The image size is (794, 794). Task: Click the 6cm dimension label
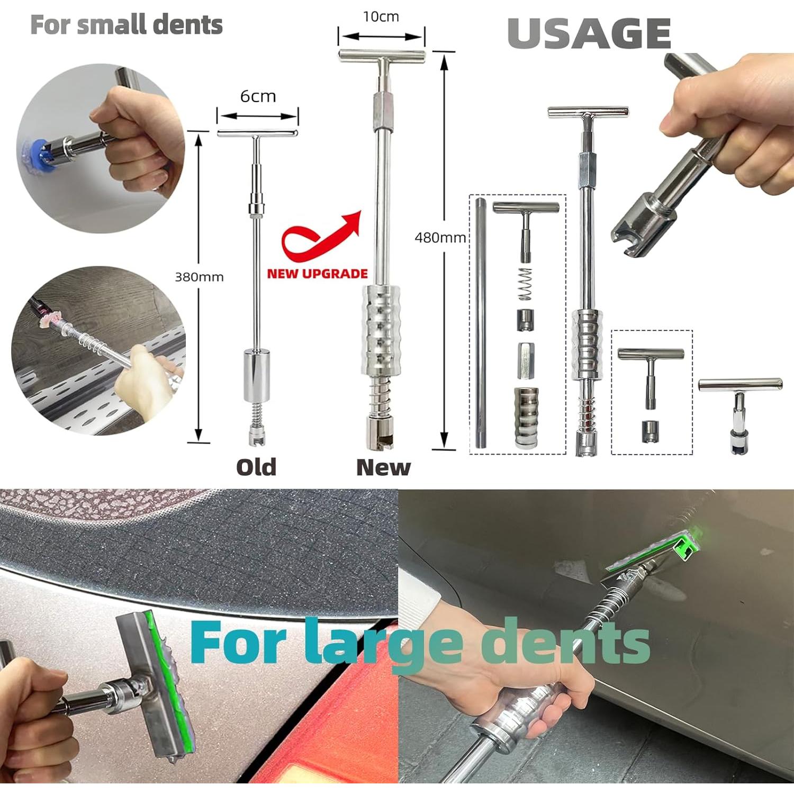[x=258, y=96]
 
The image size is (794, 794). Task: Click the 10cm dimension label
[x=381, y=17]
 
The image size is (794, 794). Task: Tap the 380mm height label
[x=199, y=277]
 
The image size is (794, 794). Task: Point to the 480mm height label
[x=440, y=238]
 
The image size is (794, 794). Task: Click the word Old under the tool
[x=256, y=467]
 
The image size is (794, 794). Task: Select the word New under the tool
[x=383, y=467]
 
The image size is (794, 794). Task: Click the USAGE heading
[x=589, y=34]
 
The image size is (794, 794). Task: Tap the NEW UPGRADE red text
[x=317, y=274]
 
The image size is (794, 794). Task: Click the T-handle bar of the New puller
[x=382, y=55]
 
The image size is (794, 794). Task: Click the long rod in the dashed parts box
[x=480, y=323]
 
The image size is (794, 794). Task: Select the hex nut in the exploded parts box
[x=526, y=360]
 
